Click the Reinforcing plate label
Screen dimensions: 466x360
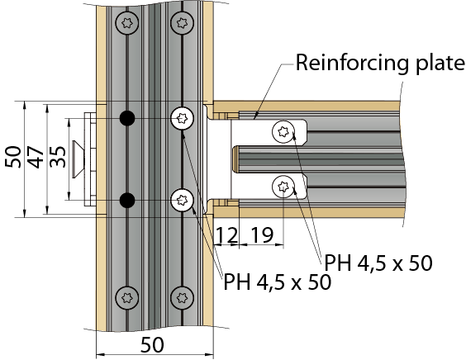point(380,64)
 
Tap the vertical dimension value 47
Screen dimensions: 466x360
point(36,157)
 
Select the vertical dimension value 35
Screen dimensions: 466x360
point(58,157)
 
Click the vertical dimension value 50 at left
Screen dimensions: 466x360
point(13,157)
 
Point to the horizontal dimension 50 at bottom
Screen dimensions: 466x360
point(152,345)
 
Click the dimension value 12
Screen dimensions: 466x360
point(227,235)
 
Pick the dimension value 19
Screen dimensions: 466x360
point(262,235)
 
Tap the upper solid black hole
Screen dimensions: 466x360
point(127,118)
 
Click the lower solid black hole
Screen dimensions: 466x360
point(127,200)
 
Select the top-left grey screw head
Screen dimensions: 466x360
point(127,23)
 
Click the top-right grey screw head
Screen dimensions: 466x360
point(182,23)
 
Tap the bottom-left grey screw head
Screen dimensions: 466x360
point(127,298)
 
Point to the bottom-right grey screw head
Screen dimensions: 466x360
point(182,298)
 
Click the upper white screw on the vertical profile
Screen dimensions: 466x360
point(182,118)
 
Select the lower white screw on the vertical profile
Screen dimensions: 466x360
point(182,200)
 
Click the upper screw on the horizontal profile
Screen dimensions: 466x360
point(283,131)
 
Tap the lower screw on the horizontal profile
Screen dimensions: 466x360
point(283,187)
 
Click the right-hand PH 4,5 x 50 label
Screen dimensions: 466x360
point(378,263)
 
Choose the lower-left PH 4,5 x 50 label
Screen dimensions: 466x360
point(278,282)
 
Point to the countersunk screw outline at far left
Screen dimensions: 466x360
point(78,159)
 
